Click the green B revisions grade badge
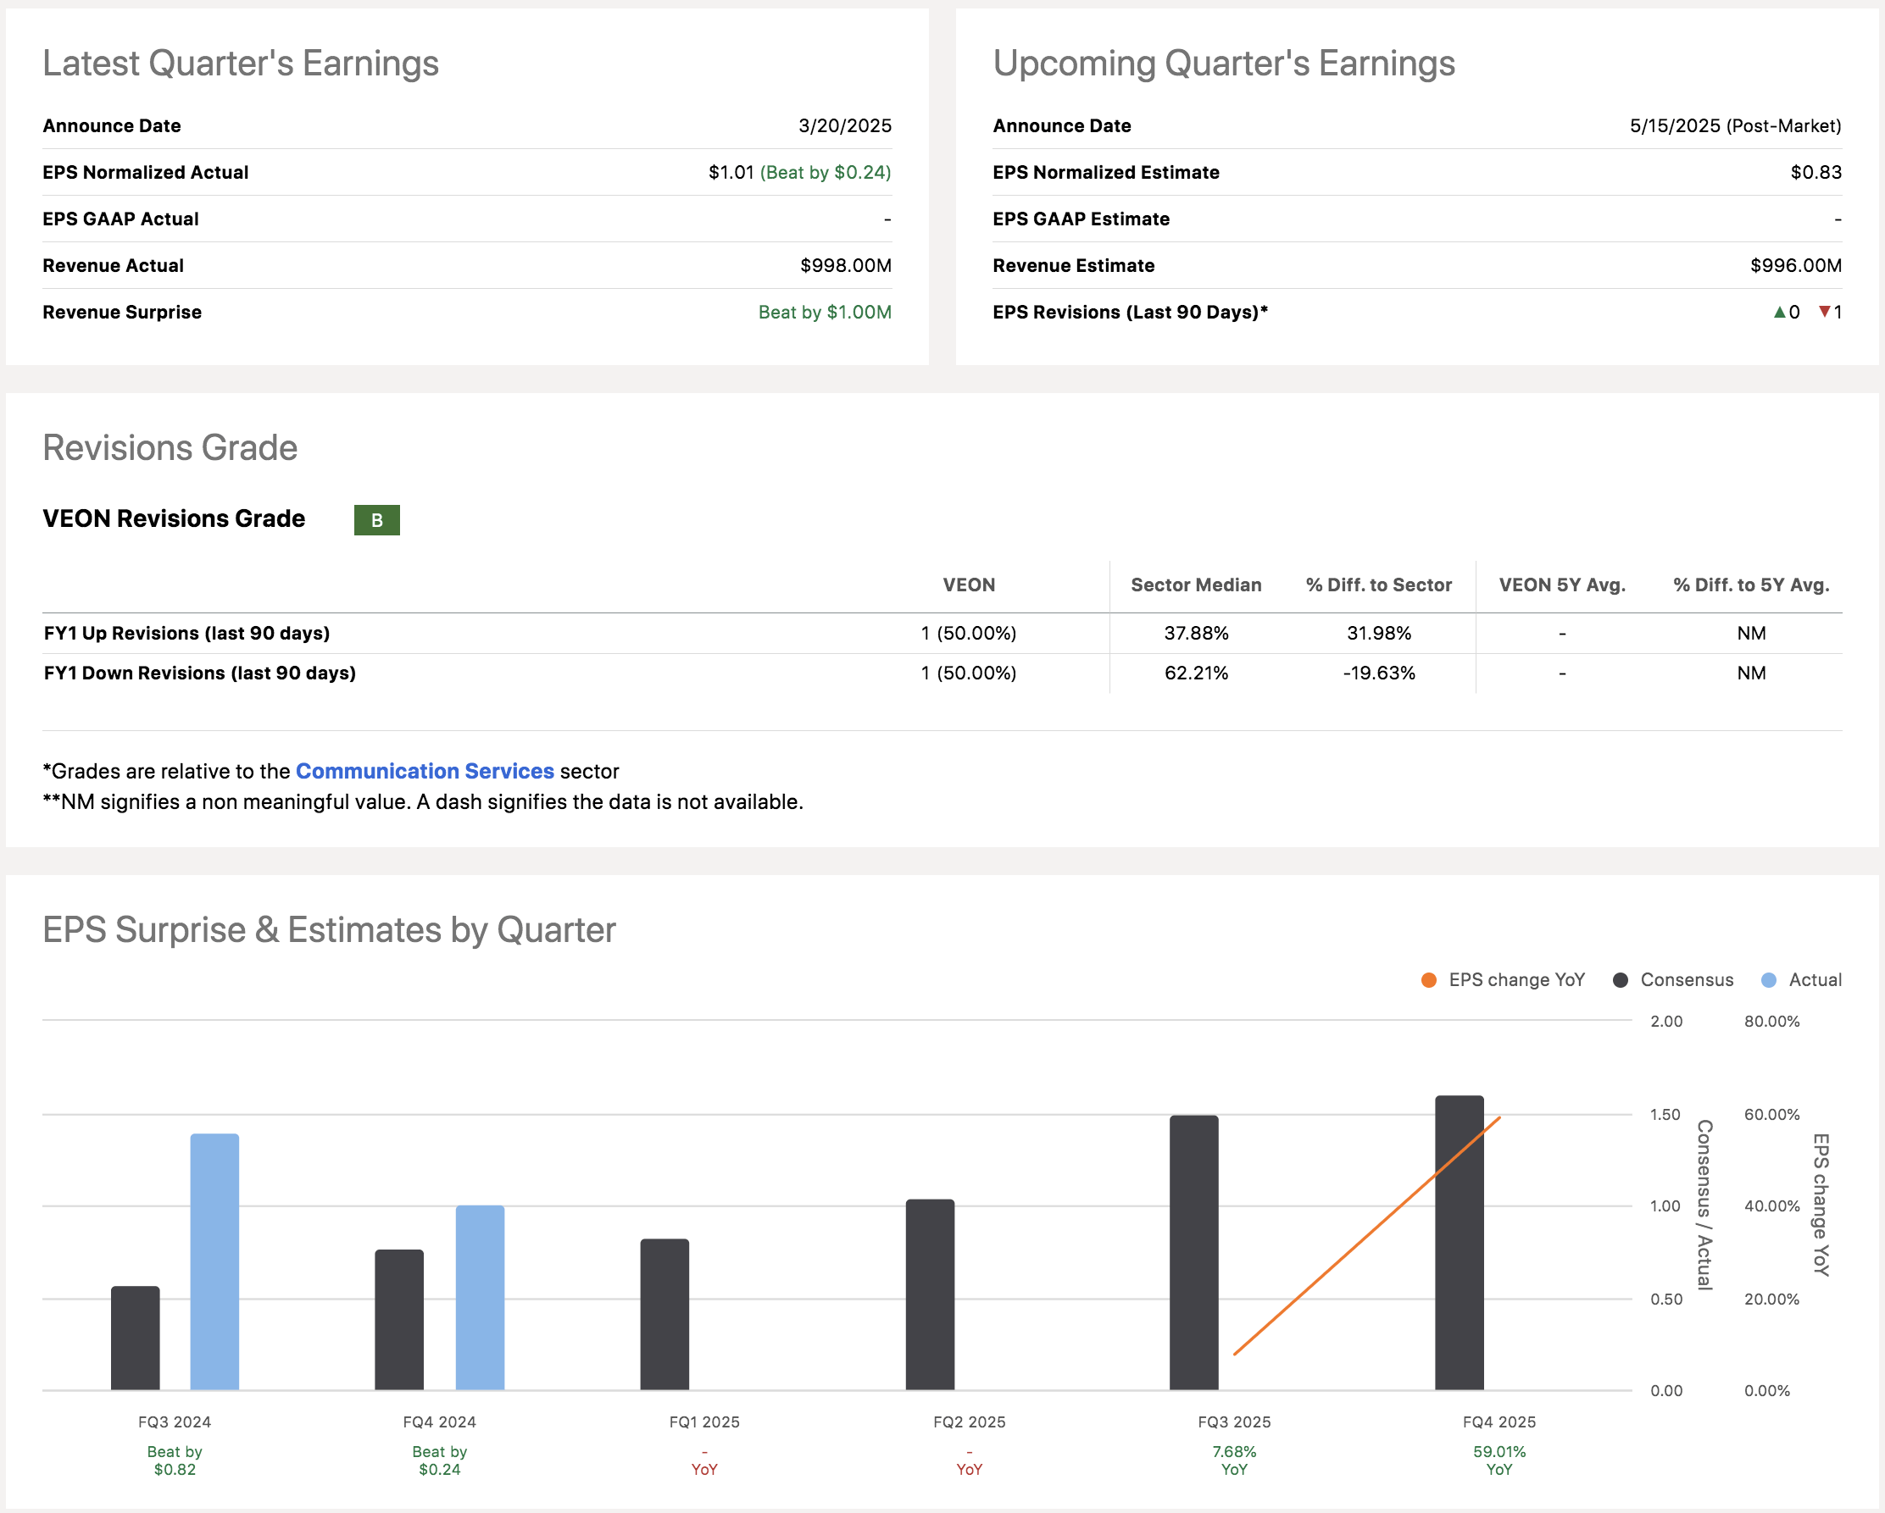377,520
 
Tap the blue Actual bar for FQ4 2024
480,1297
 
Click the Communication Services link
425,771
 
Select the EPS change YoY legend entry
1504,980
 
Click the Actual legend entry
1803,980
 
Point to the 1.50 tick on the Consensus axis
1665,1115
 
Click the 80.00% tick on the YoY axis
1771,1021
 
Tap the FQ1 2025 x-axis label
703,1422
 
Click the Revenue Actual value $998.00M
844,266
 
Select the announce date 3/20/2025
844,126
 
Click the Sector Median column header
1195,585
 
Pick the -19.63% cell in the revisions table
1379,673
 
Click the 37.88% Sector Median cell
1195,633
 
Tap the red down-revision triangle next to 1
1825,311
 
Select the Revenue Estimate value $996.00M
1795,266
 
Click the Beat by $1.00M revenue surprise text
825,312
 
